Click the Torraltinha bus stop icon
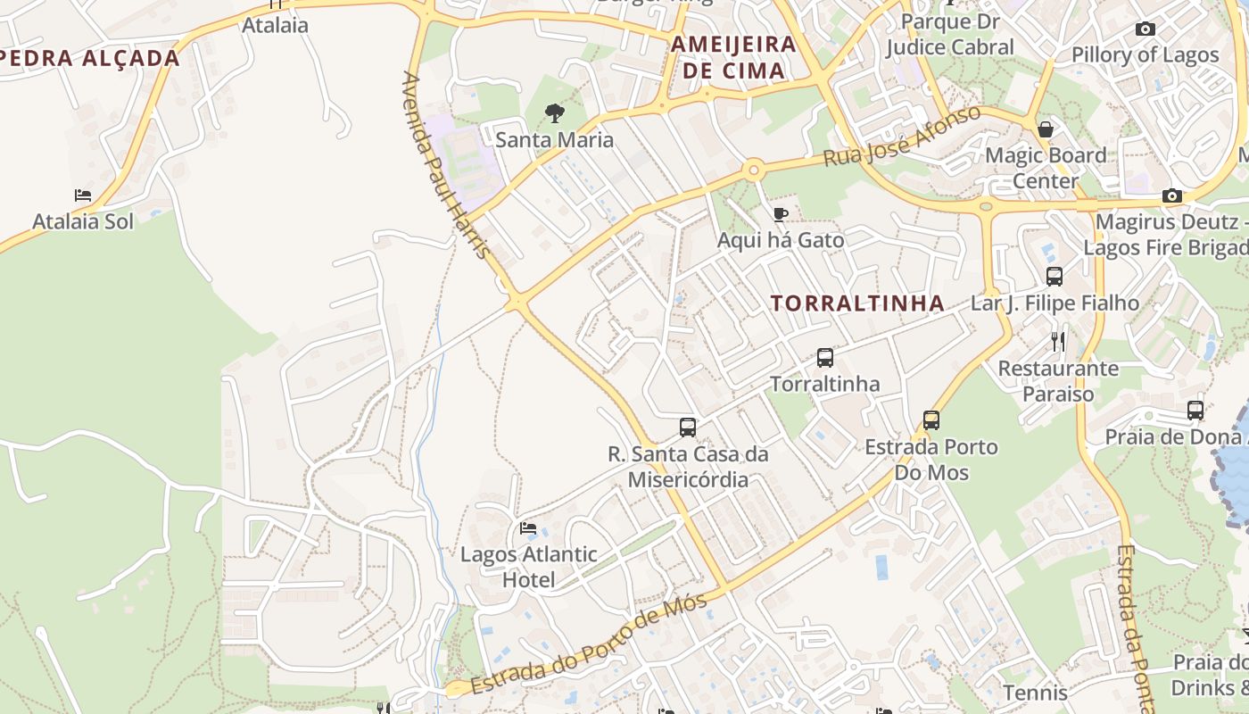(x=825, y=358)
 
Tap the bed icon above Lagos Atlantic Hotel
(x=528, y=528)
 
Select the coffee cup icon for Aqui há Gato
(x=780, y=214)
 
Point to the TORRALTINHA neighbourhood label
(x=857, y=303)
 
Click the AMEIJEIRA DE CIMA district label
(x=733, y=57)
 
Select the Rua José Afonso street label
(x=901, y=137)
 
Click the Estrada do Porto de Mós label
(x=589, y=643)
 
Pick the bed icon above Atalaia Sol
(x=83, y=195)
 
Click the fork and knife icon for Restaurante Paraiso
(x=1058, y=341)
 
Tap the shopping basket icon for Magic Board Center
(x=1046, y=129)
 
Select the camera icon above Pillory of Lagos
(x=1146, y=29)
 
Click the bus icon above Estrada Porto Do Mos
(x=931, y=419)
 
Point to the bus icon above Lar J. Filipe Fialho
(x=1055, y=277)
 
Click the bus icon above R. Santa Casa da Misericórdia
(x=688, y=427)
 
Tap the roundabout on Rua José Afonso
(x=755, y=169)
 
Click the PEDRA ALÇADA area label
(x=89, y=59)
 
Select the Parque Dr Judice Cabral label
(x=949, y=34)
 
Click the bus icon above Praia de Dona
(x=1195, y=411)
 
